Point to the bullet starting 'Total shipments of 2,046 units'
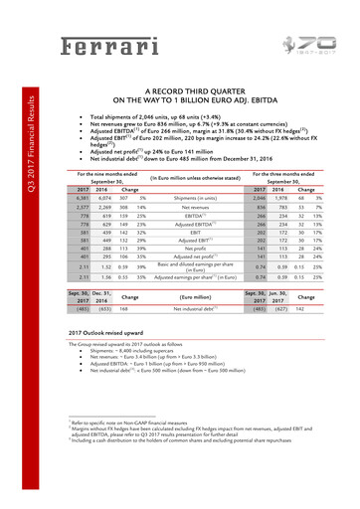click(155, 115)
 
